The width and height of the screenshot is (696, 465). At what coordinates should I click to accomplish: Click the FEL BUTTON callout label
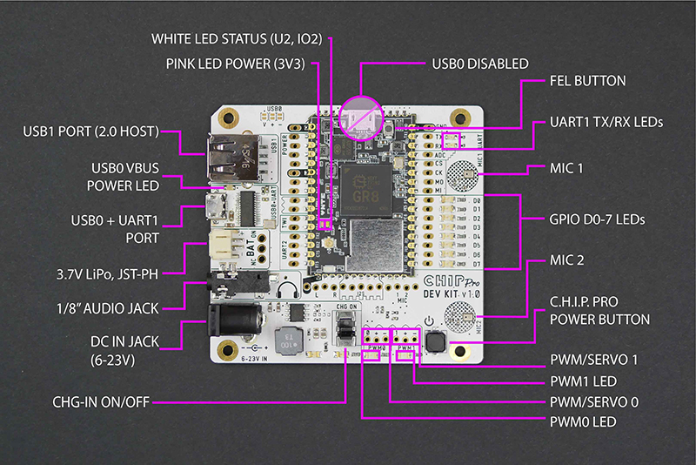tap(587, 81)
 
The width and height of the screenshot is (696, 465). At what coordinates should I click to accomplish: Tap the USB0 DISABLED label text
tap(480, 64)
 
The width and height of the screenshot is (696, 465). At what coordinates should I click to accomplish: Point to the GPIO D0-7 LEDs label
tap(597, 220)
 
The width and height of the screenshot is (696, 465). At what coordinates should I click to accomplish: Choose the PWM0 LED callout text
tap(583, 421)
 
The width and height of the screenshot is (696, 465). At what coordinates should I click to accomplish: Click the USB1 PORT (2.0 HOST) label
tap(90, 131)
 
